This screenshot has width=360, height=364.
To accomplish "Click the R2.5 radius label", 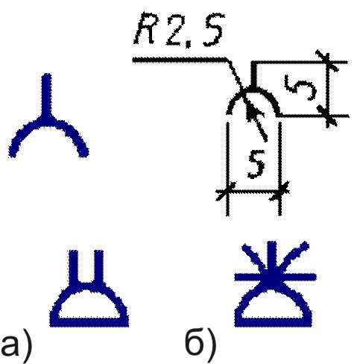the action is [x=180, y=30].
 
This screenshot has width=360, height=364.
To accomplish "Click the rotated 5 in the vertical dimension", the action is [x=301, y=87].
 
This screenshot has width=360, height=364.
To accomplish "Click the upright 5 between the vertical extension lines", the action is [x=256, y=166].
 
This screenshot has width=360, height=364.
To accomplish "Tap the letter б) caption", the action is [x=200, y=345].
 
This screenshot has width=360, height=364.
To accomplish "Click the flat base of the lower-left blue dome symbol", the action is [x=89, y=322].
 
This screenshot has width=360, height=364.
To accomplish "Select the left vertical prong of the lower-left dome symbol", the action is [x=74, y=266].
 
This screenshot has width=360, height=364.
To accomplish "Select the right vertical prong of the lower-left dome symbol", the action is [x=98, y=266].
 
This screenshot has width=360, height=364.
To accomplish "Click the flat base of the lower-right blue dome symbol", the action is [x=274, y=322].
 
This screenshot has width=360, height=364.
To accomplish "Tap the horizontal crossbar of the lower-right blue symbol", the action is [x=275, y=277].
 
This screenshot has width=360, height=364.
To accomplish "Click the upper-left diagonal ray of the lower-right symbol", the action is [x=256, y=259].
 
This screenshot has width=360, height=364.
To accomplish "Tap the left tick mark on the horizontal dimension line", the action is [x=226, y=192].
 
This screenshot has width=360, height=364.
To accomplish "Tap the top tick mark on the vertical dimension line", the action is [x=328, y=62].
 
